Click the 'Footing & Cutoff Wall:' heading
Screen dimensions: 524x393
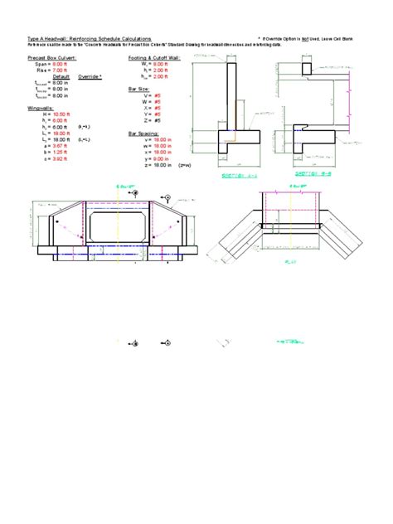point(155,59)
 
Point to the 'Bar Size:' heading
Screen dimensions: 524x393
point(139,85)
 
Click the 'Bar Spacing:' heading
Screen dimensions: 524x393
point(143,133)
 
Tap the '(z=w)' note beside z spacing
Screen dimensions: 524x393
point(185,165)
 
